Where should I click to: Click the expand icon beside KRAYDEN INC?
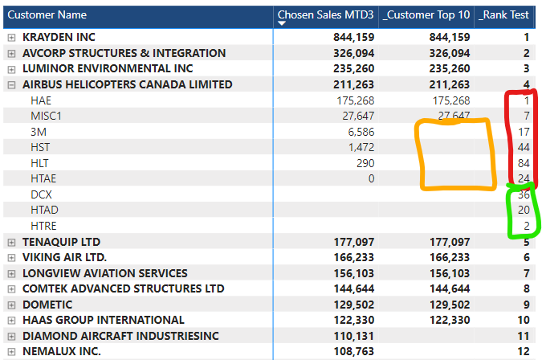[11, 38]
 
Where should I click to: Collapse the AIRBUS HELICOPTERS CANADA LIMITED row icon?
[11, 85]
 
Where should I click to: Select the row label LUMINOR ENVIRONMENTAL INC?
[108, 69]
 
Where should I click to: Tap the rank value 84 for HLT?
[523, 163]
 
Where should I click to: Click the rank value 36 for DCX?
[523, 194]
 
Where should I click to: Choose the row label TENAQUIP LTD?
[60, 242]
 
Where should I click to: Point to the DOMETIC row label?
[47, 305]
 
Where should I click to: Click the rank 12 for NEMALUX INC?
[523, 351]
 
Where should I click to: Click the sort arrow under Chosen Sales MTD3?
[281, 23]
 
